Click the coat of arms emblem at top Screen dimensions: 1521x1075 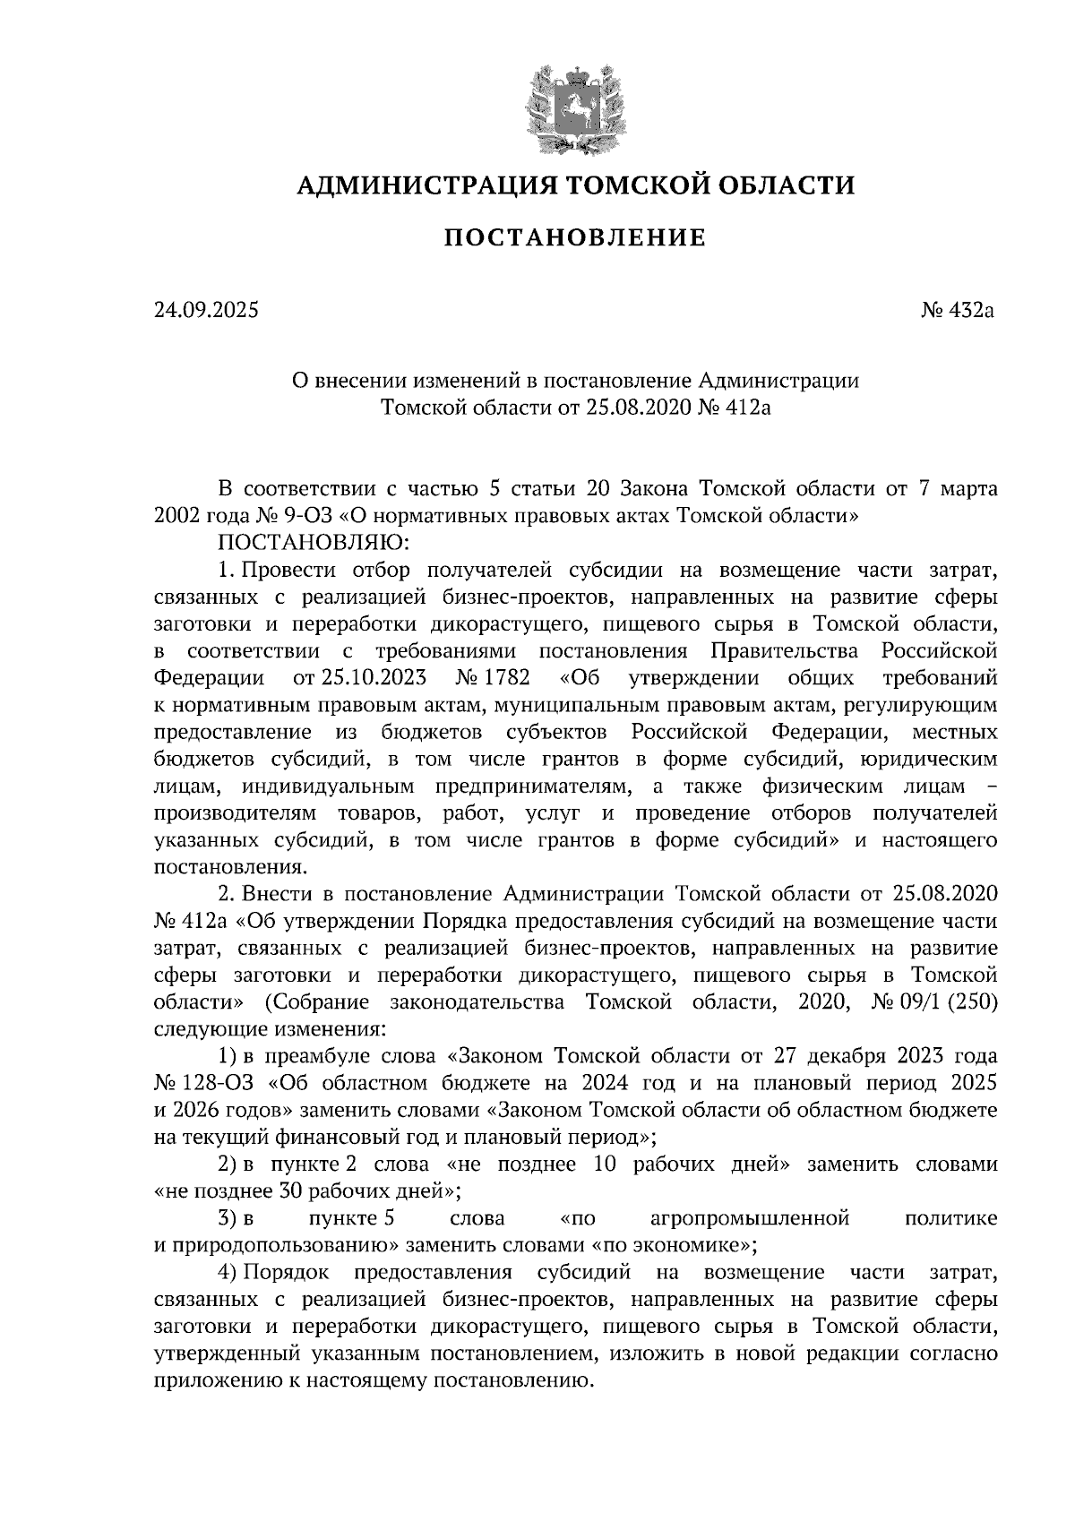(574, 107)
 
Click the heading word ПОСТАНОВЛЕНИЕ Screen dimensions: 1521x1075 (575, 237)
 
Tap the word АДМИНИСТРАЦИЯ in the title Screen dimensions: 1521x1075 (414, 185)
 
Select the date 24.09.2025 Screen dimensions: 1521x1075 (205, 311)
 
